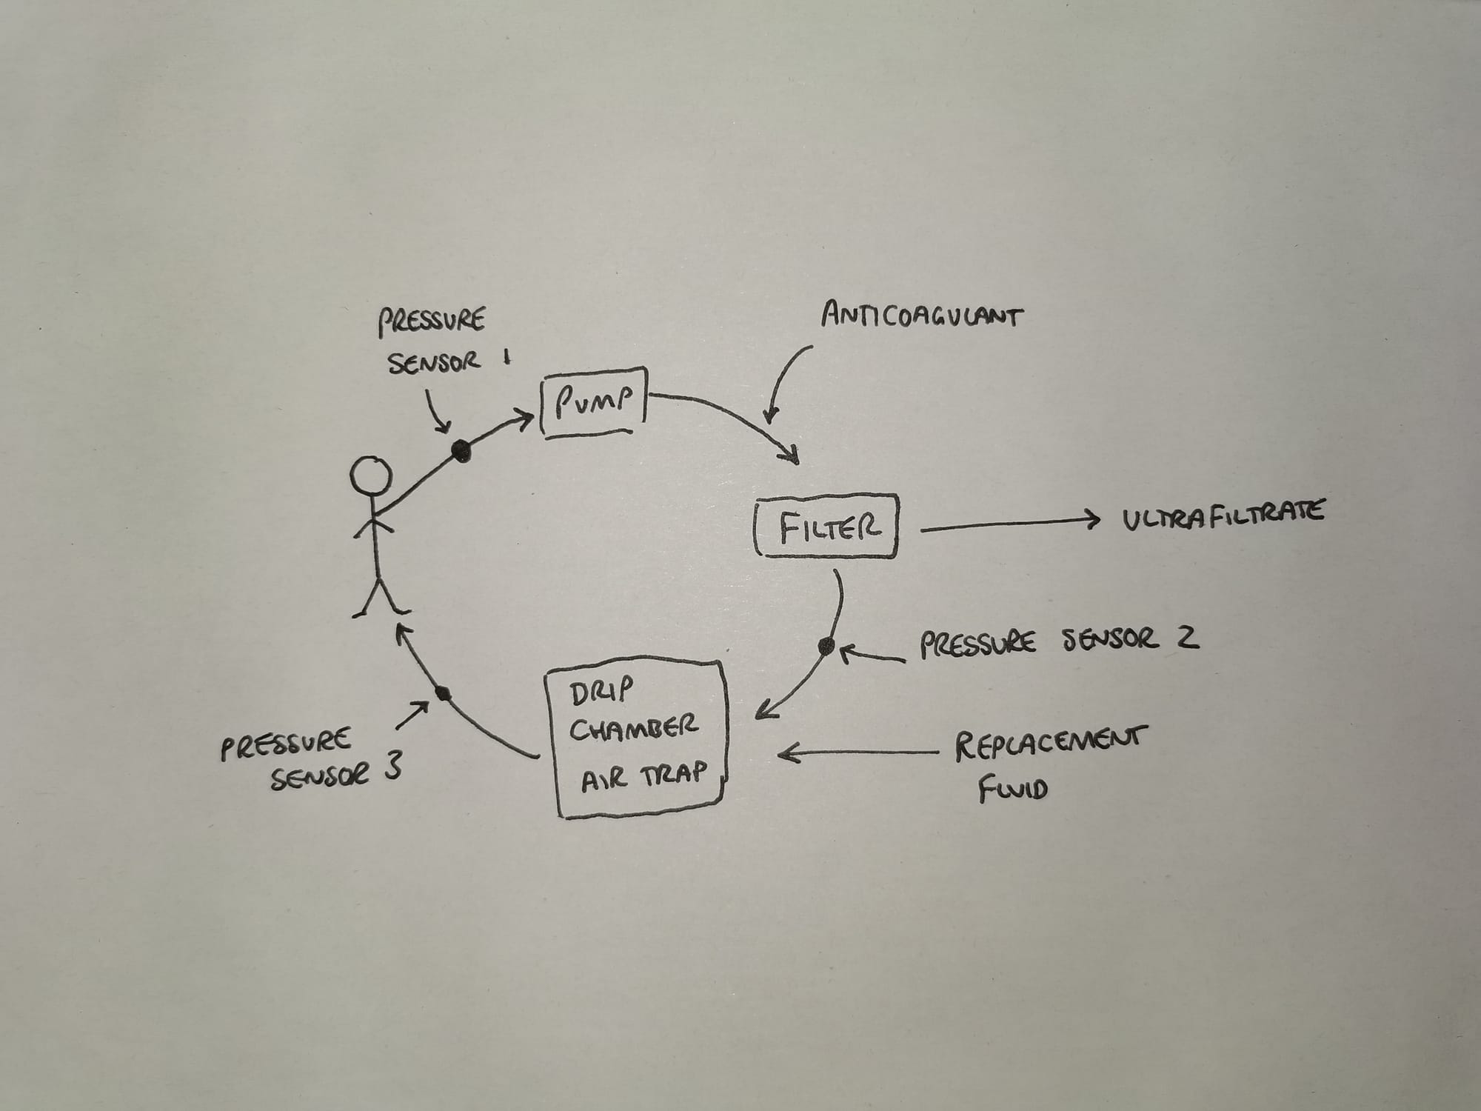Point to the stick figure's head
tap(370, 477)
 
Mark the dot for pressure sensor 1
tap(461, 450)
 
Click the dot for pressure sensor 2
tap(826, 647)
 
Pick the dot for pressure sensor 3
tap(443, 694)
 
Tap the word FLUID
tap(1012, 790)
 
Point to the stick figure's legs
tap(380, 596)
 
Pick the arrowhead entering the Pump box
tap(526, 420)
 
